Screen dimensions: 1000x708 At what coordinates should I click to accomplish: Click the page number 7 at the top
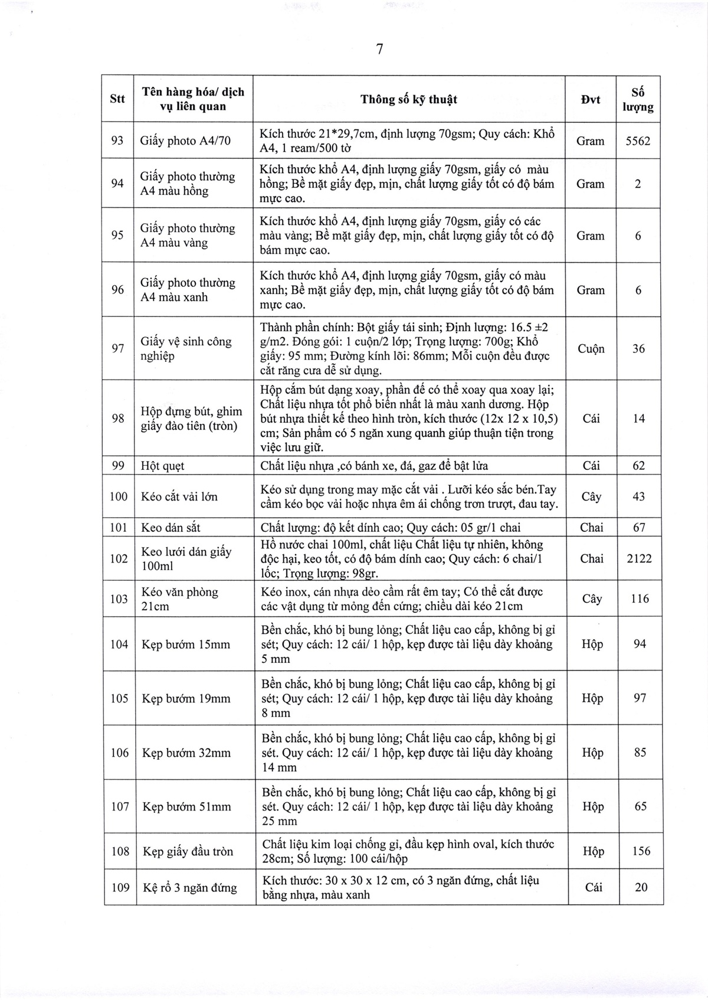point(379,50)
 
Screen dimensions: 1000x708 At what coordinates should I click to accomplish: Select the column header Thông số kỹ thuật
point(409,99)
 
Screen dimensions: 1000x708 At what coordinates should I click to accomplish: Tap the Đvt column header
point(590,100)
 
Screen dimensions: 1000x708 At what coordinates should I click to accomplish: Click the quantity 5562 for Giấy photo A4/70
point(637,141)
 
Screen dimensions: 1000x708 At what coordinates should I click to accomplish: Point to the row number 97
point(118,349)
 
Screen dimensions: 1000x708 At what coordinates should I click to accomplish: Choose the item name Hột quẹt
point(163,466)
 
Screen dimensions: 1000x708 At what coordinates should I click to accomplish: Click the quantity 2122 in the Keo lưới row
point(639,558)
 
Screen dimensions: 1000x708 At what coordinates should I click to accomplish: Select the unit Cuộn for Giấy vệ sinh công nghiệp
point(591,349)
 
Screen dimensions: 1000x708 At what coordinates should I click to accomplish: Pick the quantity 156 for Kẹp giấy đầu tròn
point(640,851)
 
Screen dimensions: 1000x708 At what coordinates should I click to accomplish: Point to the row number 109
point(120,887)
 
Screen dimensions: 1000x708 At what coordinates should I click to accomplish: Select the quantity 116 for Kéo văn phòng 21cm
point(639,599)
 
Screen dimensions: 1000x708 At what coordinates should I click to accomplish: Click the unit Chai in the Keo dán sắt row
point(591,528)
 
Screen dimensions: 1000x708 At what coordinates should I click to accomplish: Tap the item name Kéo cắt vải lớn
point(179,496)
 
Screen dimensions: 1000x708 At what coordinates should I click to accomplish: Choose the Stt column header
point(117,99)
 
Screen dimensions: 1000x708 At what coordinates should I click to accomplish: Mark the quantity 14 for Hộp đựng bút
point(638,419)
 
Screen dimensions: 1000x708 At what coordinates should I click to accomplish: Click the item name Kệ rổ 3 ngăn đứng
point(189,887)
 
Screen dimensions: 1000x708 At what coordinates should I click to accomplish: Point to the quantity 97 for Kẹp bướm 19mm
point(640,698)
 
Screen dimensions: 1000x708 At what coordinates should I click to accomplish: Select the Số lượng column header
point(638,100)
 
